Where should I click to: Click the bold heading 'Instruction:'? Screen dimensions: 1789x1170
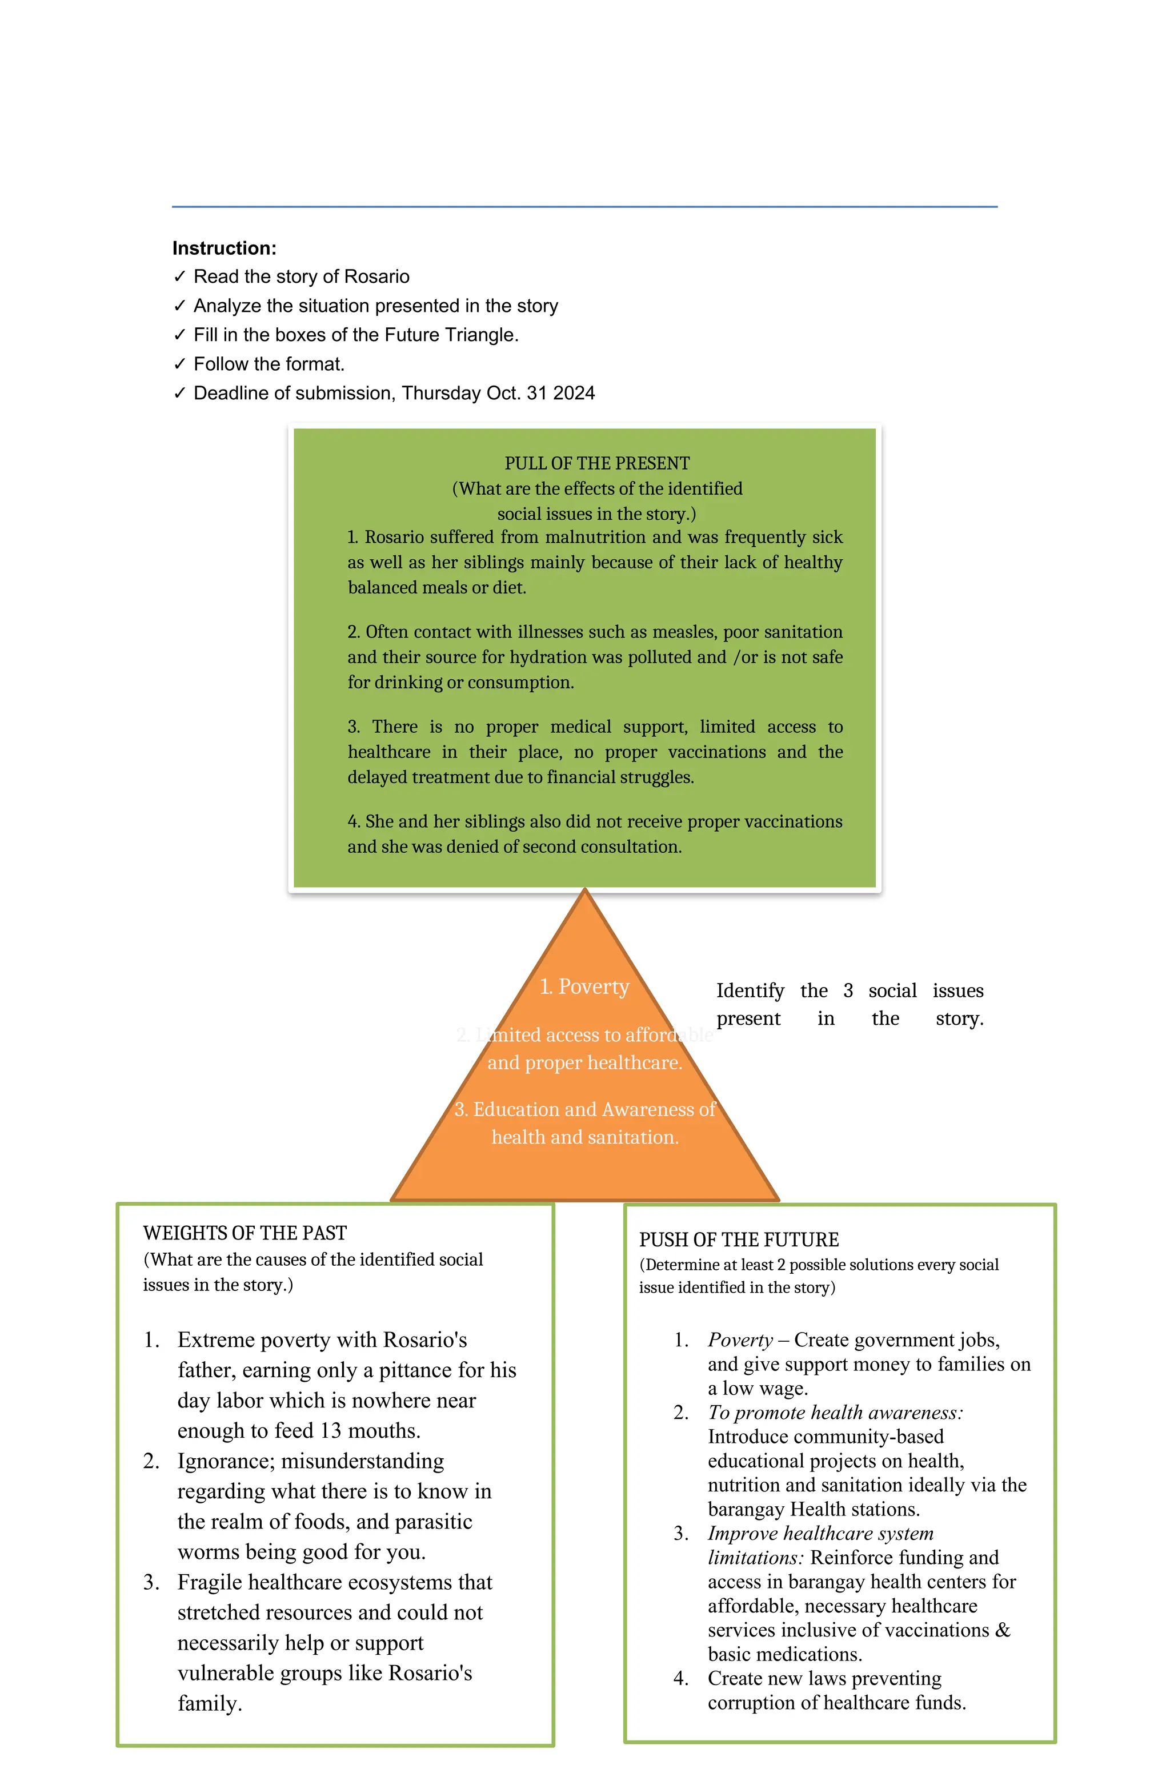pyautogui.click(x=224, y=248)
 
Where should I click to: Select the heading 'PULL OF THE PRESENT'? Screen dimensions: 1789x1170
pyautogui.click(x=597, y=463)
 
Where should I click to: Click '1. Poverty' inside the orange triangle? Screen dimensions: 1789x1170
pyautogui.click(x=584, y=986)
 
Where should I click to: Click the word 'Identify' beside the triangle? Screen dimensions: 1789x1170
pyautogui.click(x=750, y=990)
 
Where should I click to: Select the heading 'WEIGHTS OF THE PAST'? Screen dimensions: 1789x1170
pyautogui.click(x=245, y=1233)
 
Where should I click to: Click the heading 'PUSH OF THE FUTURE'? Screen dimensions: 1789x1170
pyautogui.click(x=739, y=1240)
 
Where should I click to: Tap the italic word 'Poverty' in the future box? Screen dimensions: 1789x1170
pyautogui.click(x=740, y=1339)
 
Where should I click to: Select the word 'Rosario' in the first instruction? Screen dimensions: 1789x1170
pyautogui.click(x=376, y=276)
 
